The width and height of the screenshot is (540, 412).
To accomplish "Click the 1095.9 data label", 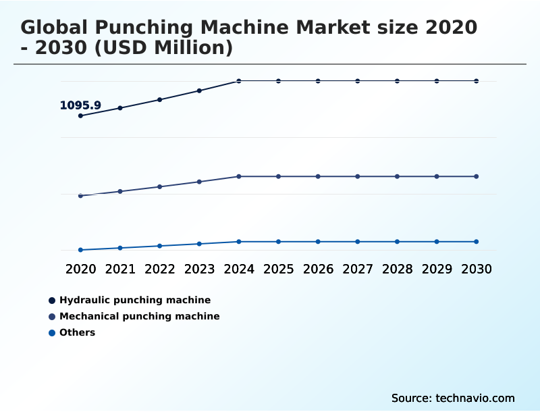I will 80,105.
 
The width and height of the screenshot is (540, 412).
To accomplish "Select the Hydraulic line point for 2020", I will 80,115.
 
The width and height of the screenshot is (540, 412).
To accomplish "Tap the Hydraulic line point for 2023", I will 199,91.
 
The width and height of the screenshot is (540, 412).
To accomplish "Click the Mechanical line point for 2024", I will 239,176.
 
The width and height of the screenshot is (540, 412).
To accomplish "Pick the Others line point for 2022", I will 160,246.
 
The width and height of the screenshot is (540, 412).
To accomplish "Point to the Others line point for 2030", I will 476,242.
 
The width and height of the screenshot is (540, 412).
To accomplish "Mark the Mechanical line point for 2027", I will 358,176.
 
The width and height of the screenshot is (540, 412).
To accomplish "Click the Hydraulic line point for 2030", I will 476,81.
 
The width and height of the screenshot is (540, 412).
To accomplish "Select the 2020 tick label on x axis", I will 80,269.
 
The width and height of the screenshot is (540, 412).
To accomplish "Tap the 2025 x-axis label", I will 278,269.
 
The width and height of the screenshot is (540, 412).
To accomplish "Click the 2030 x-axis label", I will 476,269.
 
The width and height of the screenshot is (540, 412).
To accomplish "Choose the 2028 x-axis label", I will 397,269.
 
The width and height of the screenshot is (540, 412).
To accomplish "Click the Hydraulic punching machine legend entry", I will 135,300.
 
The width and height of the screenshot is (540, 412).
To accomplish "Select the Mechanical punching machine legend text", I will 139,316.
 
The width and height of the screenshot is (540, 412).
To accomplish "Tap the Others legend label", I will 77,332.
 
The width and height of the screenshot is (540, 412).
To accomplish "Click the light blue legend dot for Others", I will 52,332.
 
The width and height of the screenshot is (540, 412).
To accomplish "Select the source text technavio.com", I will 475,398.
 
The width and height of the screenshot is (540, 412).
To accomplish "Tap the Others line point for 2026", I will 318,242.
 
